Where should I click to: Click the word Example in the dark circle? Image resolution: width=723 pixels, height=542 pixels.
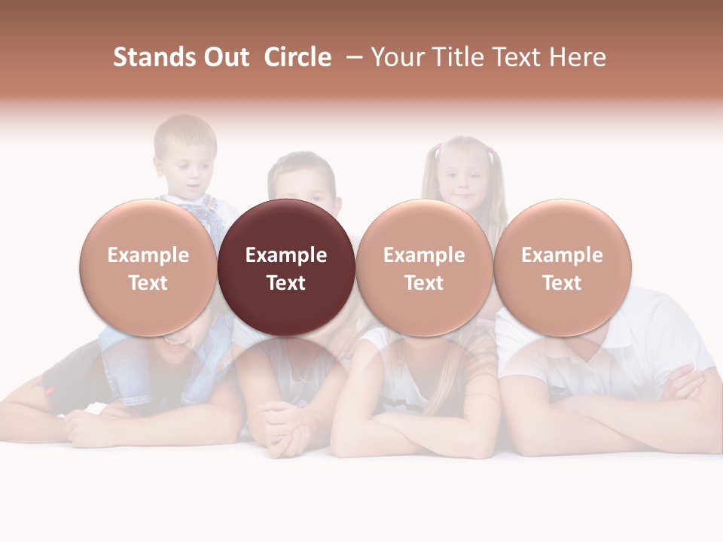[x=286, y=255]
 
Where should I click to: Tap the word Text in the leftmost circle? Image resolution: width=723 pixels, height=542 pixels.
[x=148, y=283]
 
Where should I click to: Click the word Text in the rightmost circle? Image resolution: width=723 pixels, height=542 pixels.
[x=563, y=283]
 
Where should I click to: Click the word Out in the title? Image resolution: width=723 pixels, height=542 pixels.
[x=227, y=57]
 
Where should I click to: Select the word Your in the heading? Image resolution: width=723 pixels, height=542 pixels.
[x=398, y=57]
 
